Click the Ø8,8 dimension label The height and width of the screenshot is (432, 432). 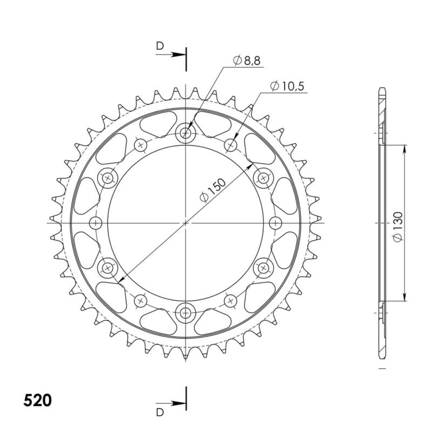tap(247, 62)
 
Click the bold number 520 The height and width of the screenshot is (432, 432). tap(38, 401)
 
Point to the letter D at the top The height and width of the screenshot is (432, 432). tap(159, 46)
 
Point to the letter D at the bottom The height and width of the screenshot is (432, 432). tap(159, 413)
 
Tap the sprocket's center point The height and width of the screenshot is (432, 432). tap(186, 222)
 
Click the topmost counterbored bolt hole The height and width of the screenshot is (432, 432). tap(186, 132)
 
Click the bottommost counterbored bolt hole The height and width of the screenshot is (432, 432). tap(186, 312)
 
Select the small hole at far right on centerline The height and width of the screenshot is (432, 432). tap(275, 222)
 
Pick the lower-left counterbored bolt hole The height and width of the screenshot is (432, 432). tap(109, 267)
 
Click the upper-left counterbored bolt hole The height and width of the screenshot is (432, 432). tap(109, 177)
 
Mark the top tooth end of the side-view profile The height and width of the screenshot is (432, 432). tap(382, 89)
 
